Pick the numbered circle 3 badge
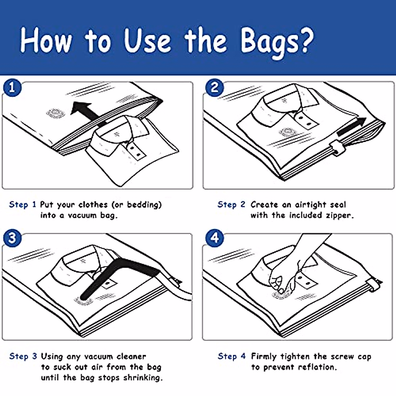[x=12, y=238]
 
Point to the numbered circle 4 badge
[x=214, y=238]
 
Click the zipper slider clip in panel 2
[x=338, y=148]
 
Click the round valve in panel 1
[x=55, y=113]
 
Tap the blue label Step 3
[x=23, y=356]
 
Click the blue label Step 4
[x=232, y=356]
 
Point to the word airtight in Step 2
[x=310, y=205]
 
